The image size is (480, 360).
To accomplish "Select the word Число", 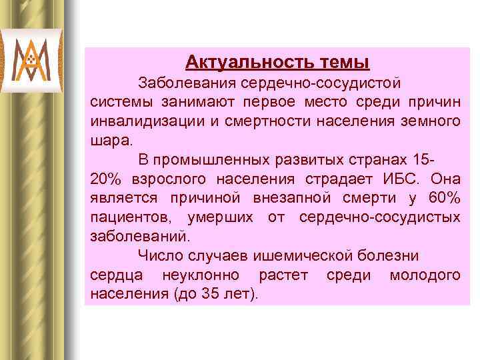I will point(157,256).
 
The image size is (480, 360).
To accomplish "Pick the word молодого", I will point(425,275).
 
